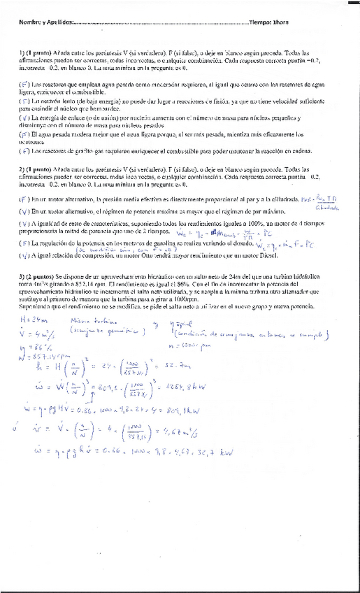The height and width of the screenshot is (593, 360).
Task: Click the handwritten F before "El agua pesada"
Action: tap(24, 134)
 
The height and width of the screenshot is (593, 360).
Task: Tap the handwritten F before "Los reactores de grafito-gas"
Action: tap(24, 150)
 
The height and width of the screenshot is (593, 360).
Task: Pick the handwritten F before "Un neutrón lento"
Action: tap(24, 101)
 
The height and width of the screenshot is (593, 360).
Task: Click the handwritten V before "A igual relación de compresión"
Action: tap(24, 255)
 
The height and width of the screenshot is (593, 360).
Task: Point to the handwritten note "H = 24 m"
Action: tap(34, 319)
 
